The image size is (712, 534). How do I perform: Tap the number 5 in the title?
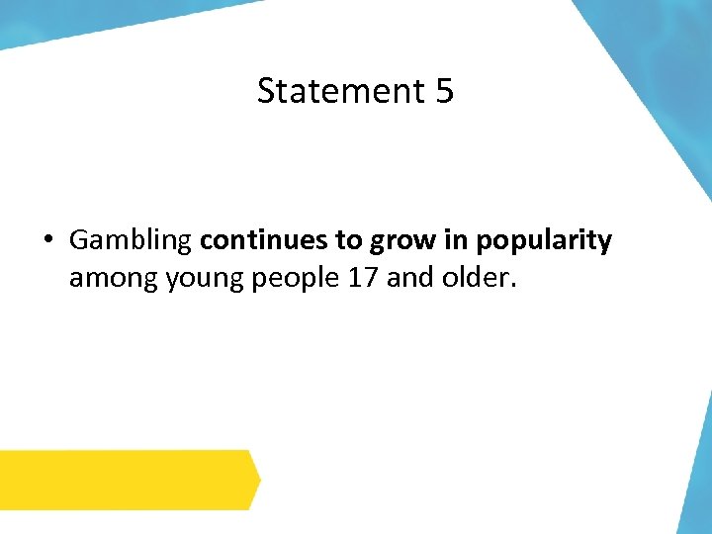[x=443, y=91]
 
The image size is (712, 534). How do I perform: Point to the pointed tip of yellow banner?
[x=258, y=481]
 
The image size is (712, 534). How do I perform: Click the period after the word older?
[x=512, y=288]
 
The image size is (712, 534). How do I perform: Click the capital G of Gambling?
[x=79, y=240]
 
